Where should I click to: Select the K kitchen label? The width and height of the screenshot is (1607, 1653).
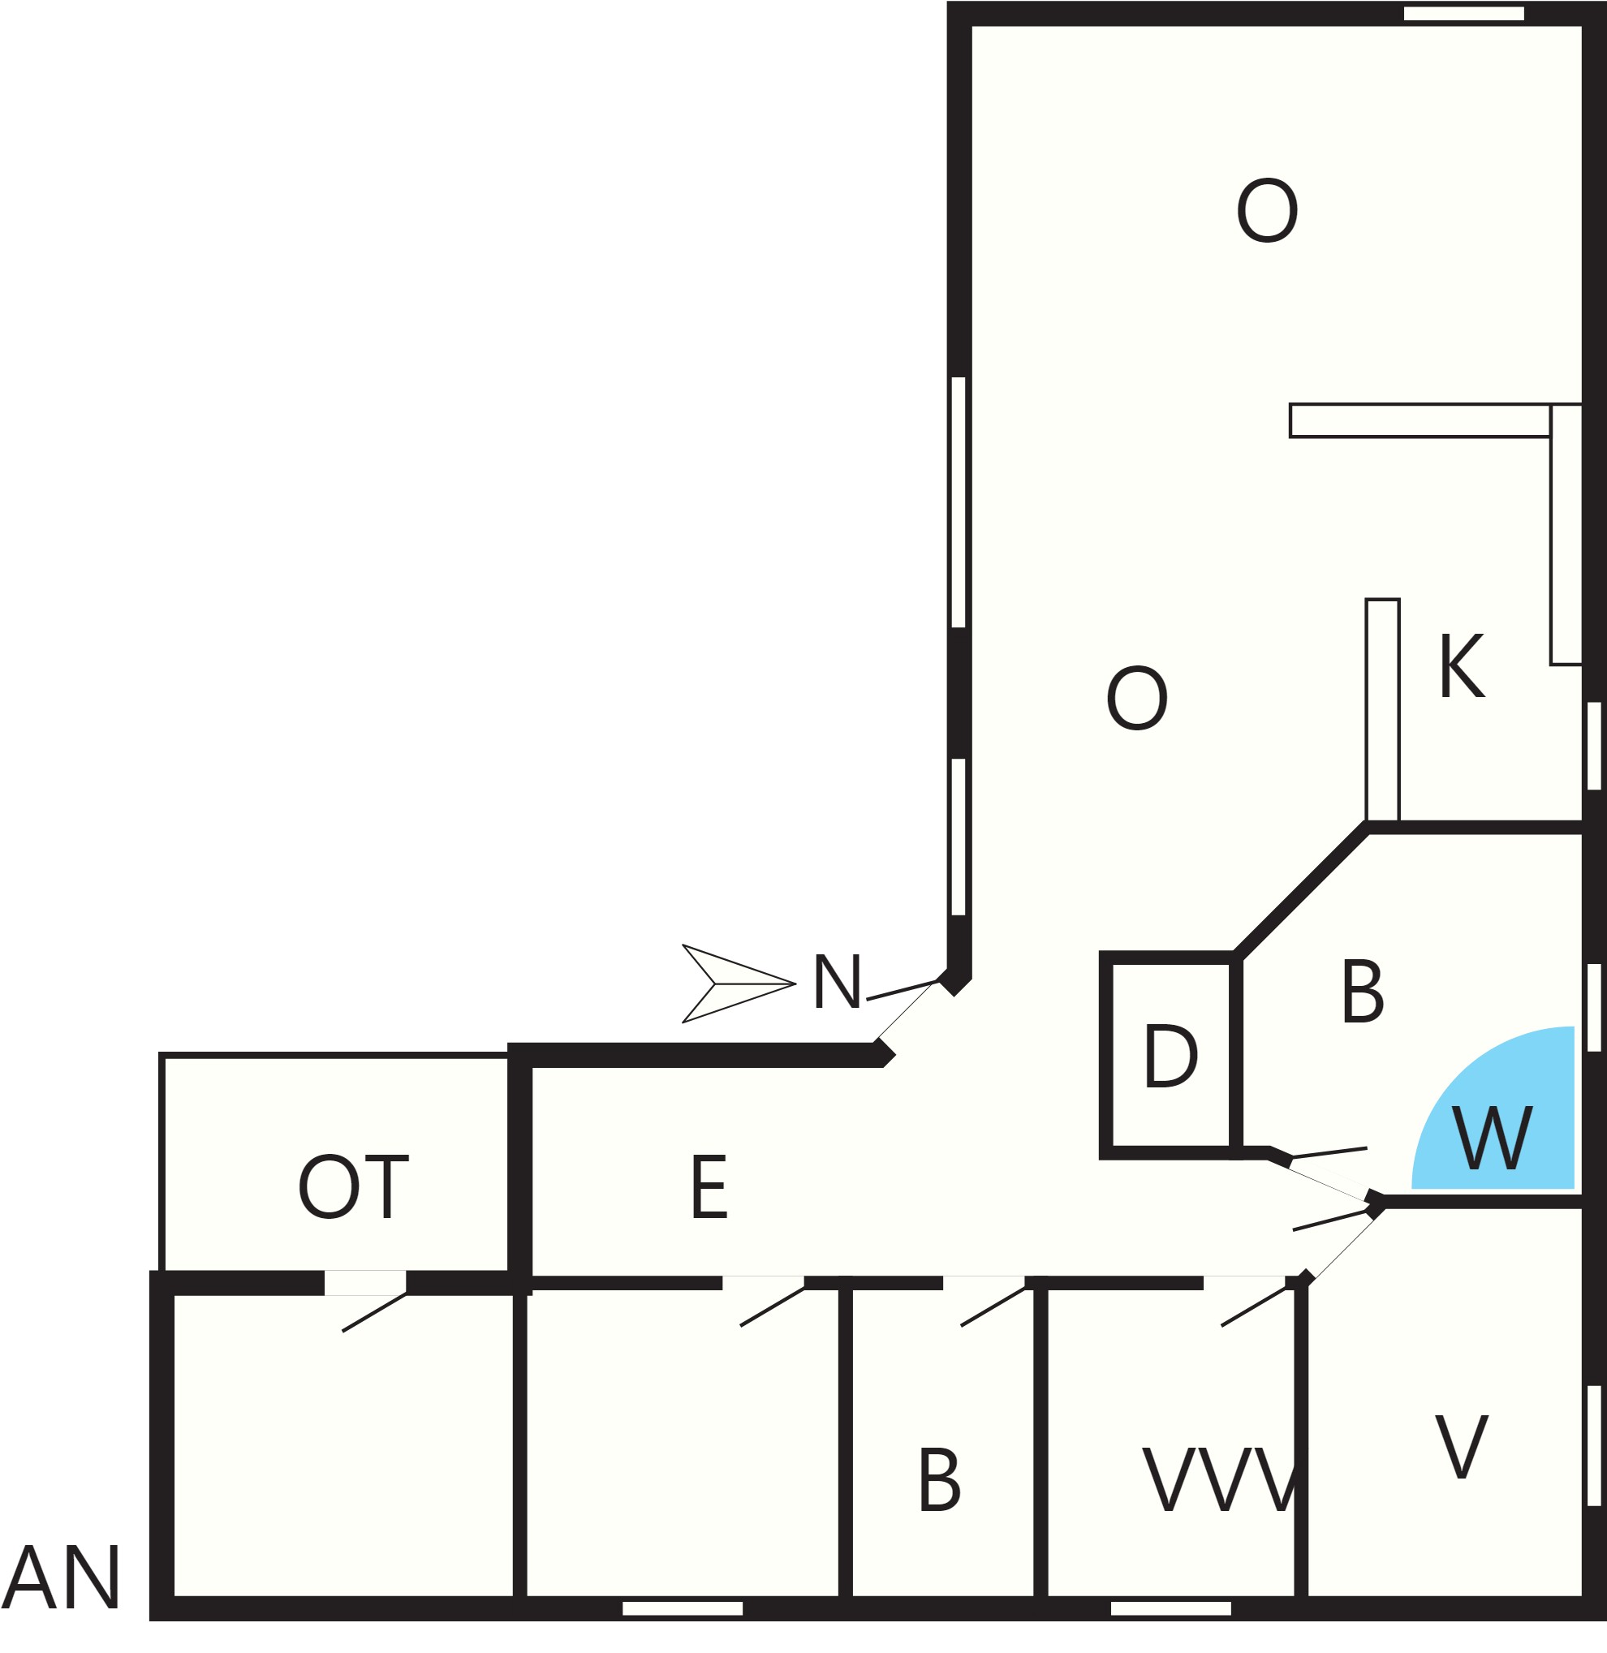coord(1461,666)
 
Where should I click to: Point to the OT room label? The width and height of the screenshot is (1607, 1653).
coord(353,1187)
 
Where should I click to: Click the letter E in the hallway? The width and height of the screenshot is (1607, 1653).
coord(709,1187)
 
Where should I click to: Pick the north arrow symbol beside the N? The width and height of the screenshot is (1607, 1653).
coord(739,984)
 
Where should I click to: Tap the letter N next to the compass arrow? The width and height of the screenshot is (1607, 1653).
coord(837,982)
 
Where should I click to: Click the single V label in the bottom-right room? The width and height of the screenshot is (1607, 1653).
coord(1461,1447)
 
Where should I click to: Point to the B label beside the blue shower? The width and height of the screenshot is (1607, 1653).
coord(1362,992)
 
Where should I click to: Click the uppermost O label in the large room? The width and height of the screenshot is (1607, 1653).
coord(1267,210)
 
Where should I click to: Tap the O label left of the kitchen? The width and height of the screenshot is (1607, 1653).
coord(1137,699)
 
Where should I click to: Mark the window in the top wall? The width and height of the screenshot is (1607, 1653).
coord(1463,14)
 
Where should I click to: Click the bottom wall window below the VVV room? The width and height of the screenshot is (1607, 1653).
coord(1170,1608)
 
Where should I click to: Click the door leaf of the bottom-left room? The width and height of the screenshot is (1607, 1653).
coord(374,1312)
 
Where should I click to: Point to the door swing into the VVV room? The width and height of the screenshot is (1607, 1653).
coord(1253,1307)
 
